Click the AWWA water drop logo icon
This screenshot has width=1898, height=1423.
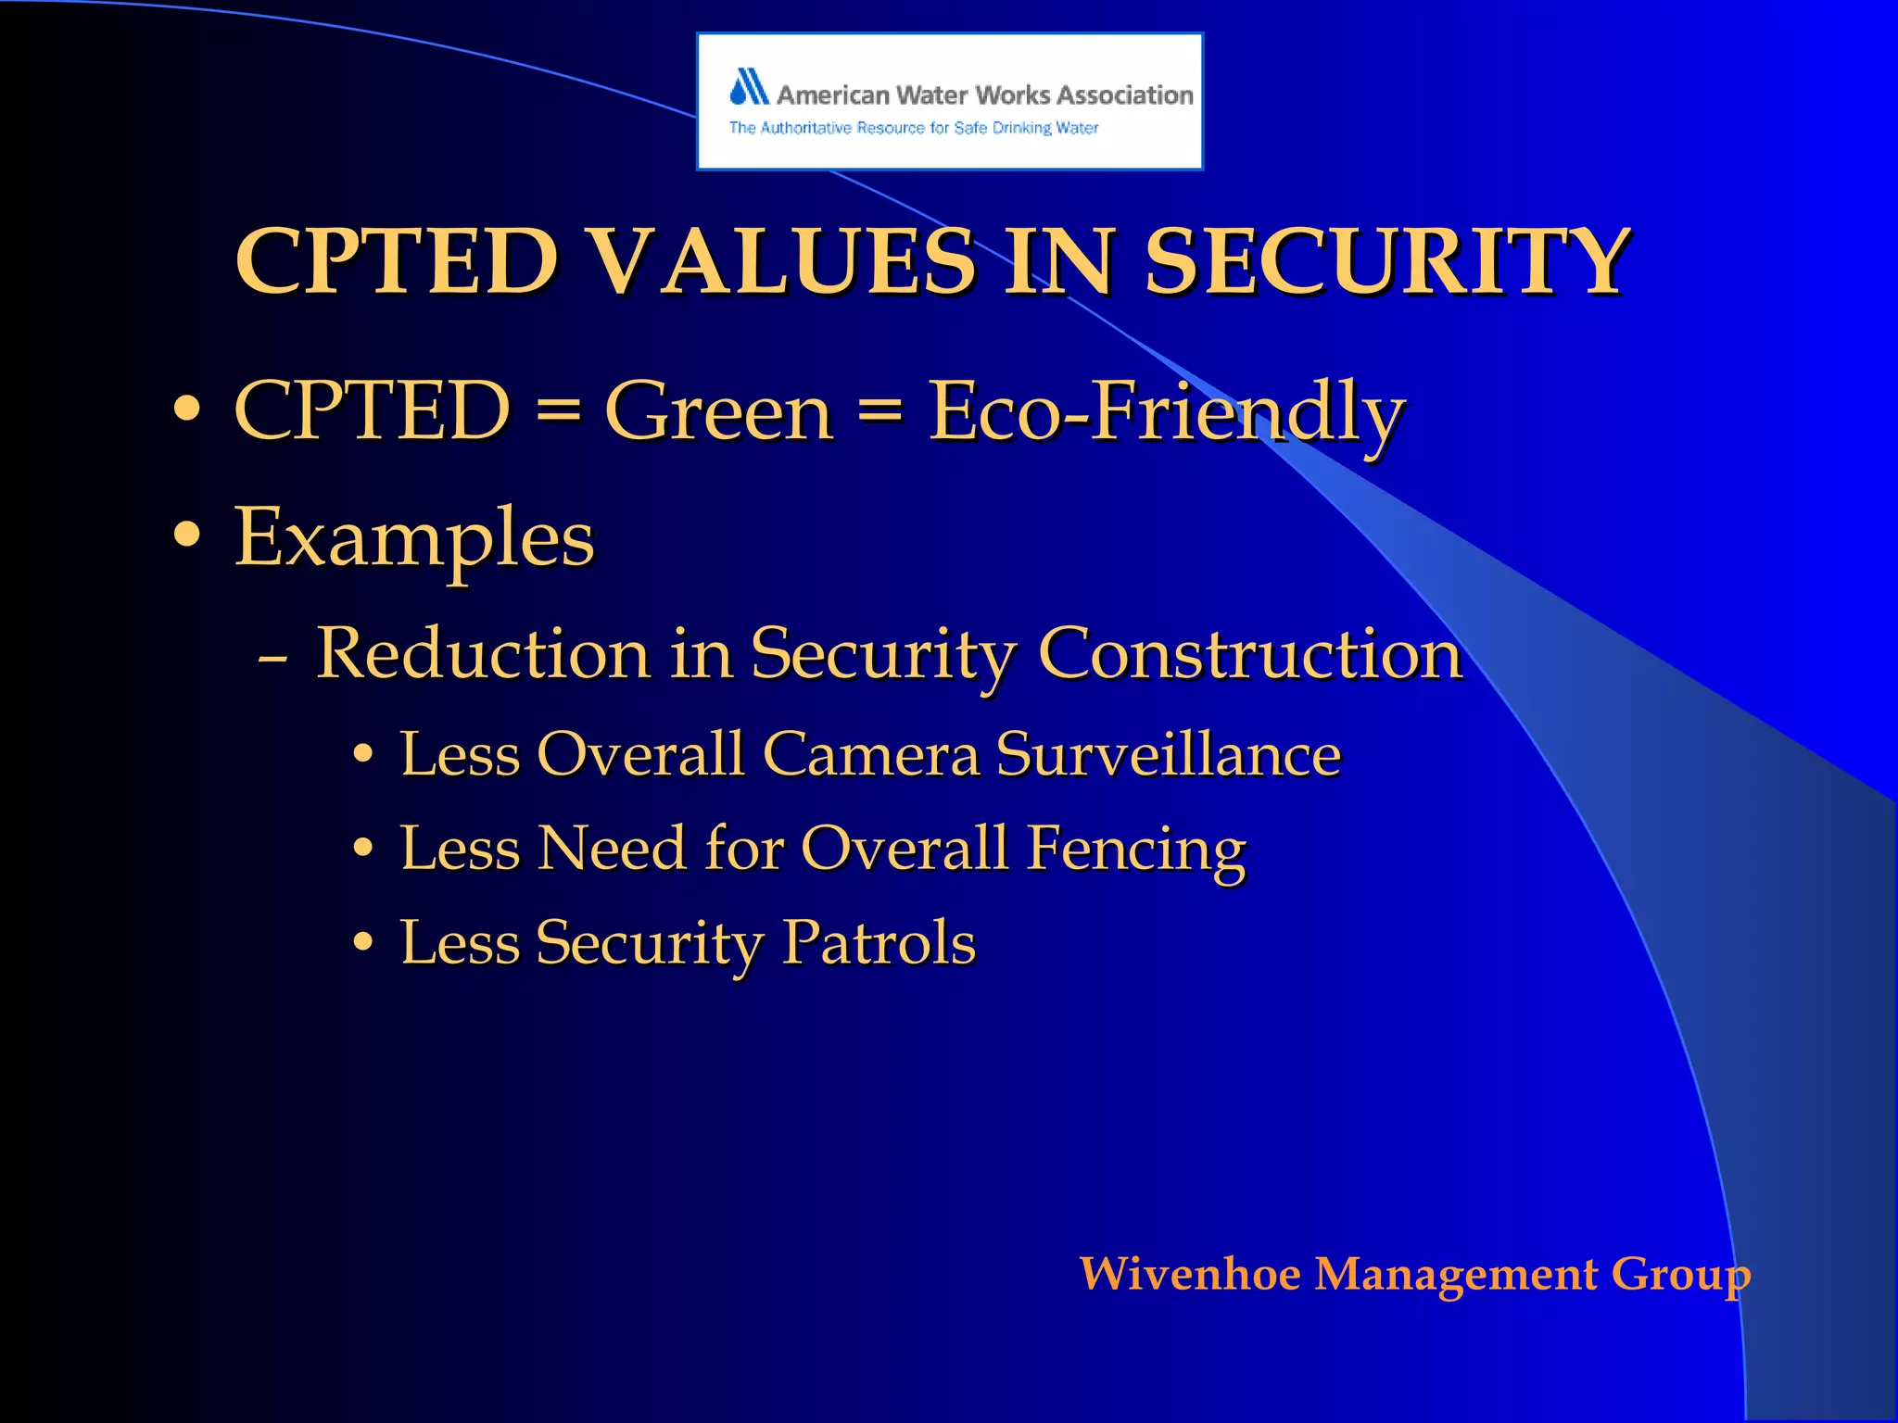pos(749,87)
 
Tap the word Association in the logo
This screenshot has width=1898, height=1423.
pos(1124,95)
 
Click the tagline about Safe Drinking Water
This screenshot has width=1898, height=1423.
pos(913,128)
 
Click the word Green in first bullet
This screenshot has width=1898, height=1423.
pos(718,411)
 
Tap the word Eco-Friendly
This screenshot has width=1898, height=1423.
pos(1166,413)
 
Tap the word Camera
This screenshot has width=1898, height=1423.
pos(870,754)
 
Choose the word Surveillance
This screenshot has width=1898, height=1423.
pos(1168,754)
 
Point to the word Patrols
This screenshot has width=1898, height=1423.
pos(878,943)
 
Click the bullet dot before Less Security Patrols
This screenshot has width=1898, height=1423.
pos(363,944)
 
